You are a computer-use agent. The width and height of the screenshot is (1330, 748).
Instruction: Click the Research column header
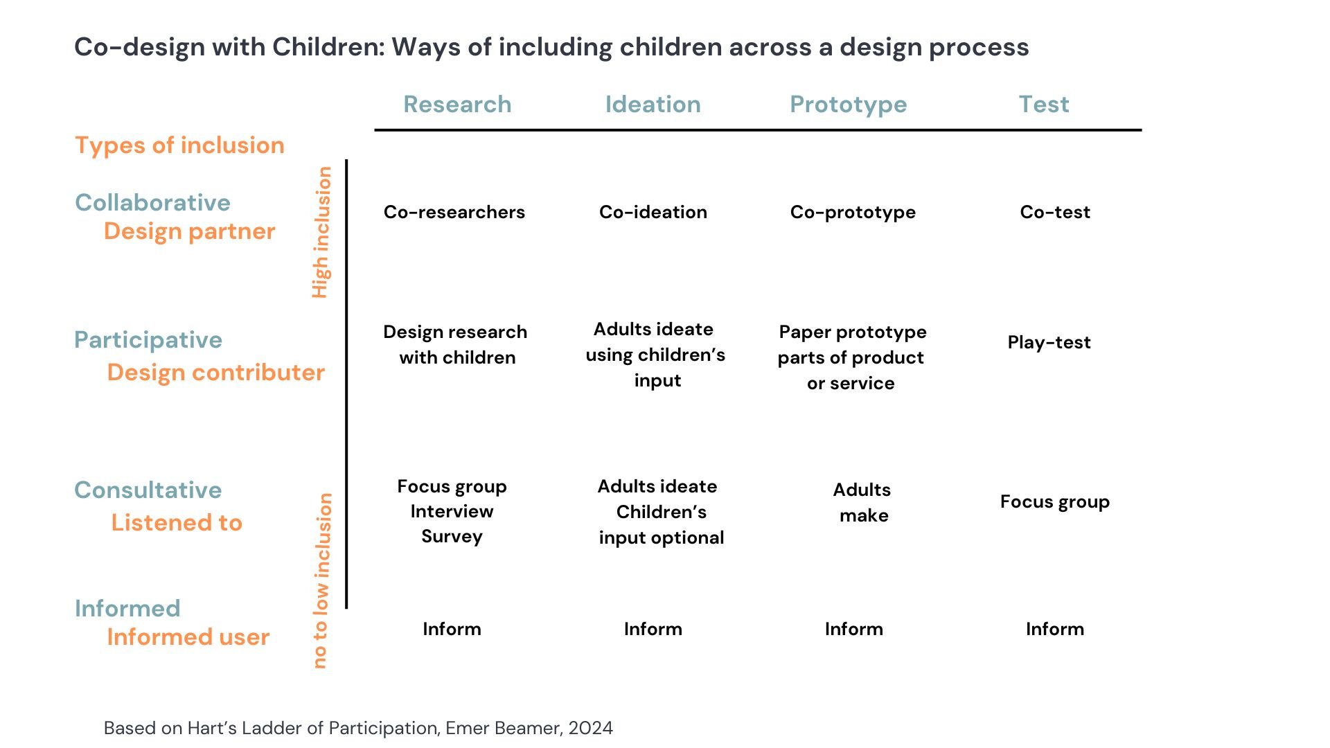[457, 105]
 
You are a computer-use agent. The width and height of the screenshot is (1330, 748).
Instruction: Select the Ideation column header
[653, 105]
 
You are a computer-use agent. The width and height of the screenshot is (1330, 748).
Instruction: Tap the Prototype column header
[848, 105]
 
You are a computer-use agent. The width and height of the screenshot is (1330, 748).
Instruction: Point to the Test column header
[1043, 105]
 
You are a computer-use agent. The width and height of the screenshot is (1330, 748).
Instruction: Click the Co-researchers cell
[454, 212]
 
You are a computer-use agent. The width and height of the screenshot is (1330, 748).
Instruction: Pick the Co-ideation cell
[653, 212]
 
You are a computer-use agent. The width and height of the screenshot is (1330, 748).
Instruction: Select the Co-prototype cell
[853, 212]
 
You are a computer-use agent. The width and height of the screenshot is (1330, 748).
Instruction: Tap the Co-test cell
[1054, 212]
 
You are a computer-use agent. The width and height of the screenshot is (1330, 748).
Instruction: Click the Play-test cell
[1049, 342]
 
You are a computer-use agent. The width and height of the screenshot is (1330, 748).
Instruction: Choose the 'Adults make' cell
[862, 502]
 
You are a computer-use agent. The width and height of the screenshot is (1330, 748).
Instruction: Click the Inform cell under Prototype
[853, 629]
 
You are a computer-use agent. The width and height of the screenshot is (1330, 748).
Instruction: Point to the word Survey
[452, 537]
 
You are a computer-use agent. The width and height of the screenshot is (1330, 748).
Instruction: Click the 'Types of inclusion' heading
[179, 145]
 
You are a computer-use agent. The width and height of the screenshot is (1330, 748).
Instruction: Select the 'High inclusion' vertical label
[321, 233]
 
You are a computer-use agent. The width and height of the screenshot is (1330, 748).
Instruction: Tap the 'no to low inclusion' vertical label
[321, 580]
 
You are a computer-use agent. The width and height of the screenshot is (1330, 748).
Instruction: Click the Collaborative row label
[152, 203]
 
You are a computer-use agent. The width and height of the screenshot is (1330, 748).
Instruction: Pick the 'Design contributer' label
[215, 373]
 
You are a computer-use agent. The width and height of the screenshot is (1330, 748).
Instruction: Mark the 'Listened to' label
[177, 523]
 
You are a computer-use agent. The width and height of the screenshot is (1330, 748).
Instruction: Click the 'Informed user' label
[188, 637]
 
